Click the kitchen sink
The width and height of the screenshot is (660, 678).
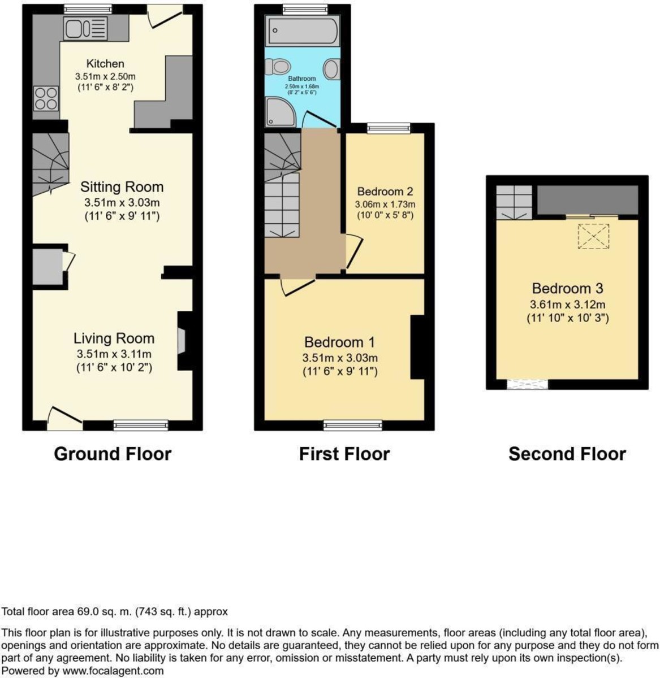tap(85, 28)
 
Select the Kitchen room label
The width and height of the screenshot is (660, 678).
tap(105, 63)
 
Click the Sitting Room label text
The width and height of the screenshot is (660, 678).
tap(122, 187)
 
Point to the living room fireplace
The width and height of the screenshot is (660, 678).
tap(182, 341)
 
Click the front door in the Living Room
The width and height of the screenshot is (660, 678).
tap(64, 419)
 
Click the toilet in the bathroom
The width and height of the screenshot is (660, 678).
tap(279, 68)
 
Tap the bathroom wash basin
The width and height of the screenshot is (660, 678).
tap(332, 69)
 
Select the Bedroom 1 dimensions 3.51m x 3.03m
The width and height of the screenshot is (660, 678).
tap(340, 358)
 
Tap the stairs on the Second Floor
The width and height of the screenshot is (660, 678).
tap(514, 202)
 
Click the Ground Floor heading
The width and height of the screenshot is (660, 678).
tap(112, 454)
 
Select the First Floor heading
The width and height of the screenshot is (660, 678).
tap(344, 454)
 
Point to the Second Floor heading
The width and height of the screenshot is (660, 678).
tap(567, 454)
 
